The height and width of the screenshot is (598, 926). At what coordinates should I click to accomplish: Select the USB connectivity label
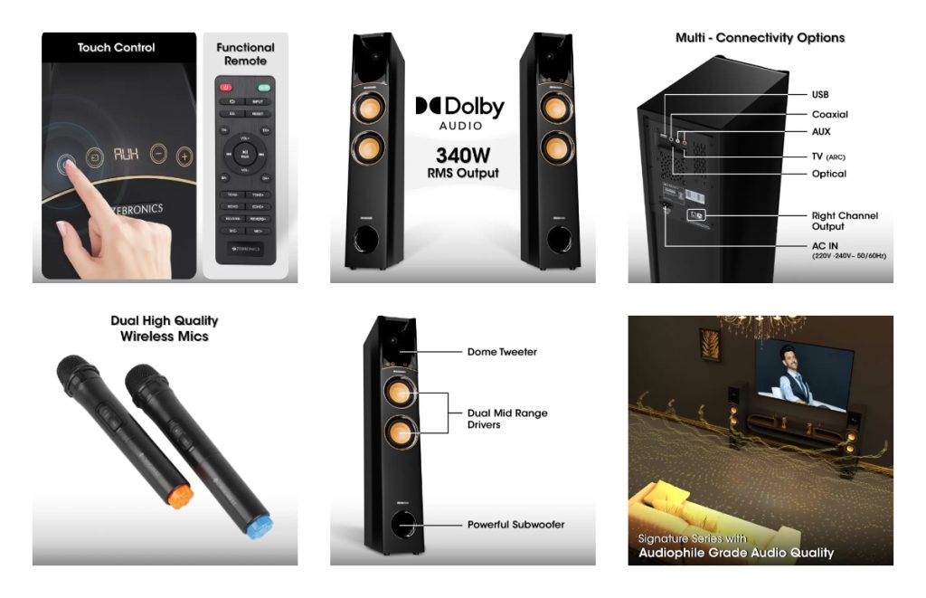tap(820, 94)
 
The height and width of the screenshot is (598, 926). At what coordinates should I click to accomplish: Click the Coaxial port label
tap(829, 115)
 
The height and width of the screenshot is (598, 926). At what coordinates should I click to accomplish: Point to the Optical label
tap(828, 174)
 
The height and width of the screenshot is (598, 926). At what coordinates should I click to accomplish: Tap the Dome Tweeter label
tap(502, 352)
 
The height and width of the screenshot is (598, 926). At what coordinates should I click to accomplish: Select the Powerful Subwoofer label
tap(515, 525)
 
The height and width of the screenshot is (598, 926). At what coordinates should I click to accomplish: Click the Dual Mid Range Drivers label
tap(507, 419)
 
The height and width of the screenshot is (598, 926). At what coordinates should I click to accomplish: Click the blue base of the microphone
tap(259, 527)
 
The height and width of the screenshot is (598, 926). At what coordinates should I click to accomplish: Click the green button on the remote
tap(264, 88)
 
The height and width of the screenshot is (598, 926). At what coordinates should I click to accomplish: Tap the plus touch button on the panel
tap(184, 156)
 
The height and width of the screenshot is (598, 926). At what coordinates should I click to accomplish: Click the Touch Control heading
tap(116, 48)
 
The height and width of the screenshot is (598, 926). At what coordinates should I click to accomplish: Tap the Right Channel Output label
tap(844, 222)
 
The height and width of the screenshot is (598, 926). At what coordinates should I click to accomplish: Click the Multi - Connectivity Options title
tap(760, 38)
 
